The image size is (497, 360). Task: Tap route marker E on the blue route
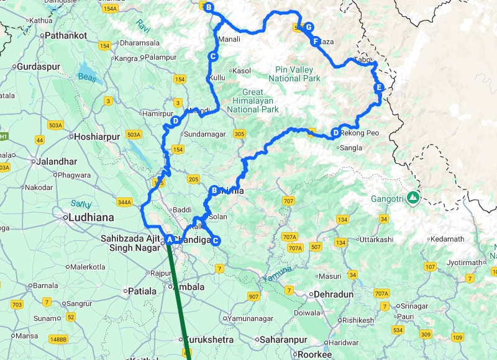(378, 88)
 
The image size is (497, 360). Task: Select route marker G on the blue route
(308, 27)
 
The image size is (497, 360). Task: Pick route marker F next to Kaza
(316, 42)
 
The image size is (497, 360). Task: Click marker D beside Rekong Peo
(335, 132)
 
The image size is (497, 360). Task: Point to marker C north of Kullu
(212, 57)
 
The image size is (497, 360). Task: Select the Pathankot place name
(66, 35)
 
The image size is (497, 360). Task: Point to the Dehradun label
(334, 294)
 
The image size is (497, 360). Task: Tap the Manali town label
(228, 39)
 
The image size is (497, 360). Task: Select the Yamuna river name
(276, 277)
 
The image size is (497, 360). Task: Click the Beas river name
(87, 77)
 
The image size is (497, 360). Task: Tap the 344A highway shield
(124, 202)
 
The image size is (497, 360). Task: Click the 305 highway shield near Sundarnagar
(239, 133)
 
